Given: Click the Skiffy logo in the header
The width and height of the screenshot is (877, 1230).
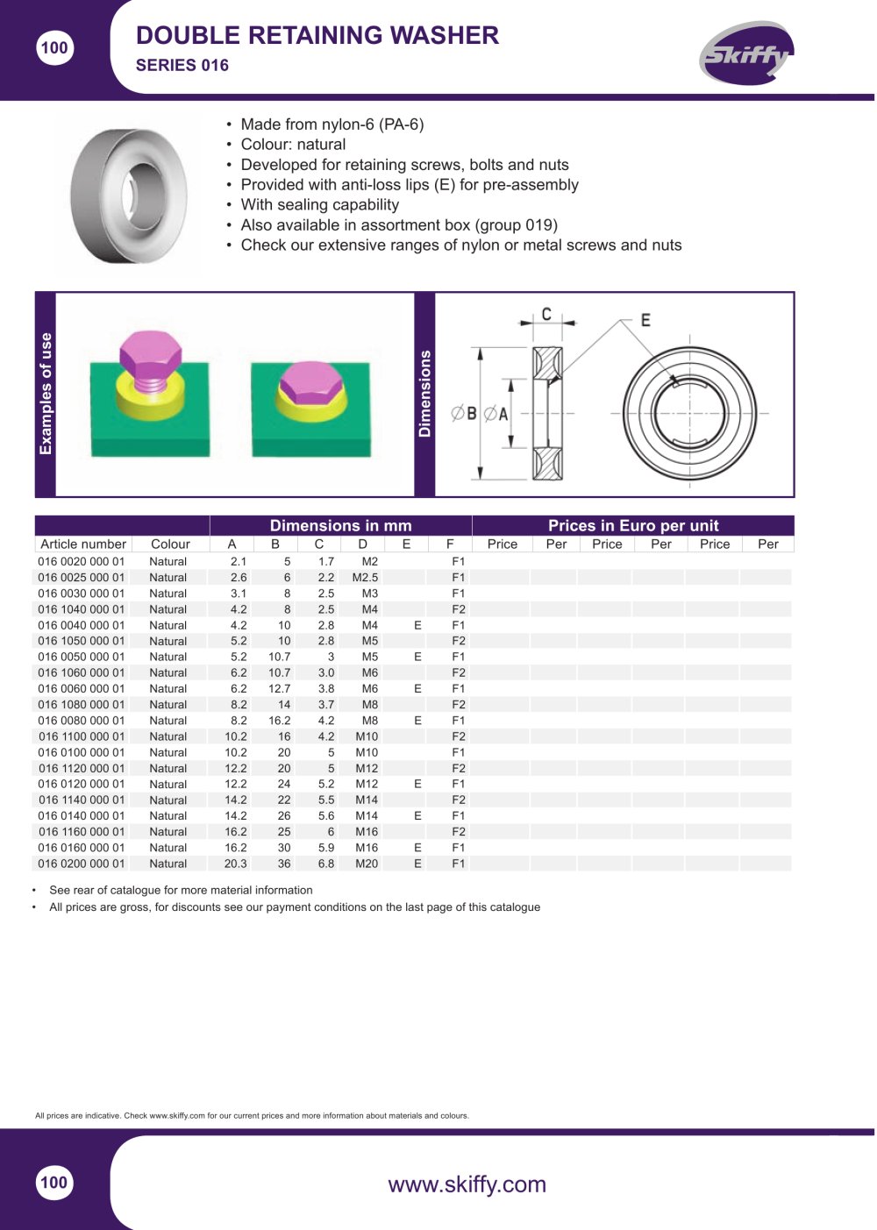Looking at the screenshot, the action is (746, 53).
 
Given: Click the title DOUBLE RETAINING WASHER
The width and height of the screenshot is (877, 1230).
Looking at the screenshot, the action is (317, 35).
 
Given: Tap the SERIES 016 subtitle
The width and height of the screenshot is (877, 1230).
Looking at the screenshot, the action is (182, 66).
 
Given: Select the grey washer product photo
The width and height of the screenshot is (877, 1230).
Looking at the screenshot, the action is (129, 196).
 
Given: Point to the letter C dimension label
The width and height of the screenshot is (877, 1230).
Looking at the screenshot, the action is (546, 314).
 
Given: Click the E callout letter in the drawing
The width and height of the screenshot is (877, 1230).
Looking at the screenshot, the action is (645, 320).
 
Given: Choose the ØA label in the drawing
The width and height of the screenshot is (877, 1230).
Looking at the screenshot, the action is (496, 414).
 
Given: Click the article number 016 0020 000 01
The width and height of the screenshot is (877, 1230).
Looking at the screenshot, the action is (82, 561).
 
